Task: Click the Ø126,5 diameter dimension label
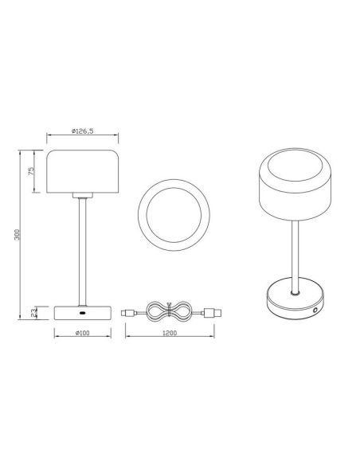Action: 83,134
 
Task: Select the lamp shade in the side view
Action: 82,170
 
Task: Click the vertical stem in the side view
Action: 81,251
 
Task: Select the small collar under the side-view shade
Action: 82,194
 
